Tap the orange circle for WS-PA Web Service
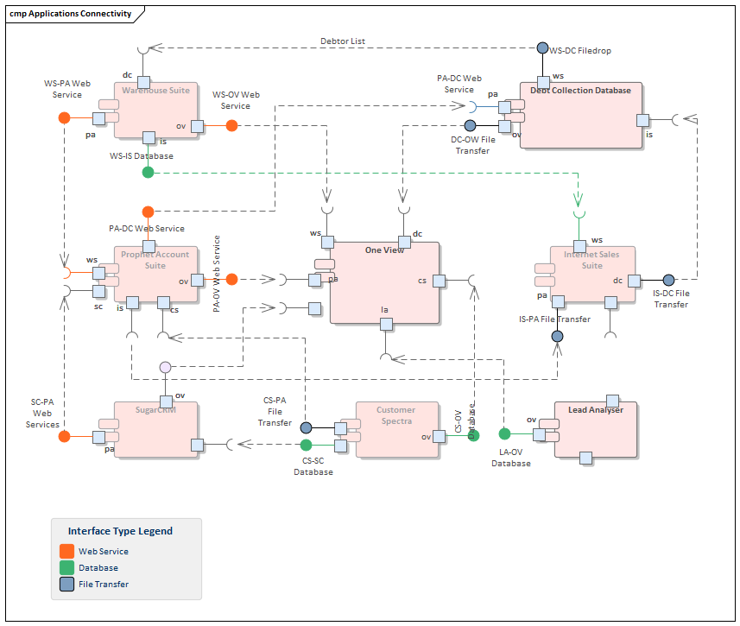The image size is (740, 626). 64,118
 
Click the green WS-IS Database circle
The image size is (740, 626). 148,173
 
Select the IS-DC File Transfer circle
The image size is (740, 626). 668,280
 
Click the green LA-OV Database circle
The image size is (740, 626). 504,433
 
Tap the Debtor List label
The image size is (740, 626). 343,41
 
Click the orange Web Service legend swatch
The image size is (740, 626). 66,551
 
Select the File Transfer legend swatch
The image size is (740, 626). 66,585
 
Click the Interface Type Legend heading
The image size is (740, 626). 120,531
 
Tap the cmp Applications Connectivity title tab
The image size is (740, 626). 71,14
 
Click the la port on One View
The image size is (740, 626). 386,324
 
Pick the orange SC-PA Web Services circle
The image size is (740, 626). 64,437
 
